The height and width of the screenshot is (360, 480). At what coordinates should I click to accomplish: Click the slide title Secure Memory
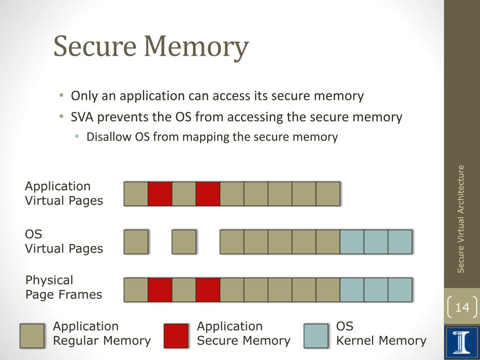[150, 47]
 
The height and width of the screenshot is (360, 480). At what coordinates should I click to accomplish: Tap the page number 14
[462, 307]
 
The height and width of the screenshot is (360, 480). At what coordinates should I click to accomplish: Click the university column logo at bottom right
[462, 341]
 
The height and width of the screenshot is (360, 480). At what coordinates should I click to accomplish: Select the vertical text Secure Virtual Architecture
[461, 218]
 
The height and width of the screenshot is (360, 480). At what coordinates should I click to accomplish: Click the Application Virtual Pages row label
[64, 193]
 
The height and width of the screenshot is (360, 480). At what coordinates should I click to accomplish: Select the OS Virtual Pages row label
[64, 241]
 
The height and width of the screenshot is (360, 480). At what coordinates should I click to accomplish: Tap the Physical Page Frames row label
[63, 287]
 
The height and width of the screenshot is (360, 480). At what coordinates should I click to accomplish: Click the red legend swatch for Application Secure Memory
[176, 336]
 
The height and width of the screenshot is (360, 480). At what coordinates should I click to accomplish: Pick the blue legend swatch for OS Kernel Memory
[315, 336]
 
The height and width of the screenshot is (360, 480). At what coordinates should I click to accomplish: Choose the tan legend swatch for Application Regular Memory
[32, 336]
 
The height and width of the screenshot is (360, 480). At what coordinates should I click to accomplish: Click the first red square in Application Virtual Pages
[160, 194]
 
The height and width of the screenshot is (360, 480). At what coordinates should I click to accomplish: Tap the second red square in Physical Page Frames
[208, 290]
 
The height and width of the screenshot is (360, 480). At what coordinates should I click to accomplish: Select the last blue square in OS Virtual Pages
[400, 242]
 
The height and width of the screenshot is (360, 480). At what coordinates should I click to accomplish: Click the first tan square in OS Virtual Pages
[136, 242]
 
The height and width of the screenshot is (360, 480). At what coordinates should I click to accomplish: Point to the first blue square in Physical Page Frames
[352, 290]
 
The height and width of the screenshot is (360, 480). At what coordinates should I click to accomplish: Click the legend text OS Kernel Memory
[381, 333]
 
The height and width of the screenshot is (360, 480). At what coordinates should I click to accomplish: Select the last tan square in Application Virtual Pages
[328, 194]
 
